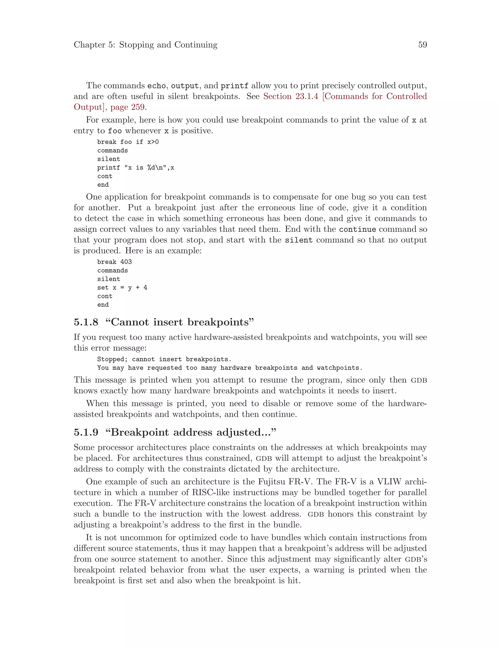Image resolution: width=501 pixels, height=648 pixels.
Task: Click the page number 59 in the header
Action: pos(422,45)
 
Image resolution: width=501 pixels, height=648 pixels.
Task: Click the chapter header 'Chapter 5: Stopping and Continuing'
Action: pos(146,45)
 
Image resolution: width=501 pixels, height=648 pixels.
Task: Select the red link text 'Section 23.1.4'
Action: pos(291,96)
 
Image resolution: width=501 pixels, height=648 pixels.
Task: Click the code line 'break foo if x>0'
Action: pos(128,142)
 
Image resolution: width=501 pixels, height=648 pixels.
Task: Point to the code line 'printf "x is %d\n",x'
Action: pos(136,168)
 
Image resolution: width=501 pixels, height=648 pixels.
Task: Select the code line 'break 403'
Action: pos(114,262)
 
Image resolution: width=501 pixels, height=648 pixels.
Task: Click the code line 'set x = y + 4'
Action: pos(122,288)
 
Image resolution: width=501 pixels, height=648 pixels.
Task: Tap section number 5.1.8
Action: pos(86,322)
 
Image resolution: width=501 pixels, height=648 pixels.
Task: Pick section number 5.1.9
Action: pos(86,432)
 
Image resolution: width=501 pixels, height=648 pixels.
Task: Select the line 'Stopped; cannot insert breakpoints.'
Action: pos(164,359)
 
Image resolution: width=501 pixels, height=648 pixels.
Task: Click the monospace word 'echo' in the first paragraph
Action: pos(156,86)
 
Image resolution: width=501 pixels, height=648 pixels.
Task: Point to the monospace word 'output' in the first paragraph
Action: pos(185,86)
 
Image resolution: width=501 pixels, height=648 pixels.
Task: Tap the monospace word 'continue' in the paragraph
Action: pos(357,230)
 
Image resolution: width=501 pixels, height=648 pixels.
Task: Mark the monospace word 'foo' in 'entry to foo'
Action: pos(114,131)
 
